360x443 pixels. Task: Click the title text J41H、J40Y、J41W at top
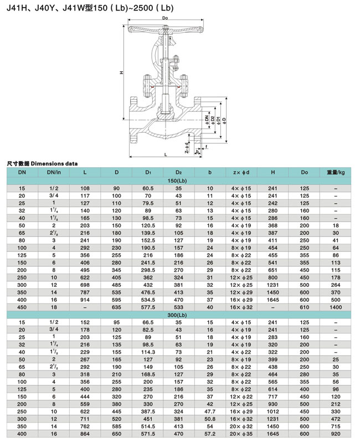click(x=42, y=8)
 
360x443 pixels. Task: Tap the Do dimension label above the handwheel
click(x=166, y=19)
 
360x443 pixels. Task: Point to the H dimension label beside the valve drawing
click(x=121, y=73)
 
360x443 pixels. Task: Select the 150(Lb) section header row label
click(x=178, y=181)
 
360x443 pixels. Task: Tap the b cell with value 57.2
click(x=210, y=437)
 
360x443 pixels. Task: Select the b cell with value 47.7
click(x=210, y=412)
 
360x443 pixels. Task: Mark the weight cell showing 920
click(x=336, y=437)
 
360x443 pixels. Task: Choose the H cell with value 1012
click(x=273, y=412)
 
